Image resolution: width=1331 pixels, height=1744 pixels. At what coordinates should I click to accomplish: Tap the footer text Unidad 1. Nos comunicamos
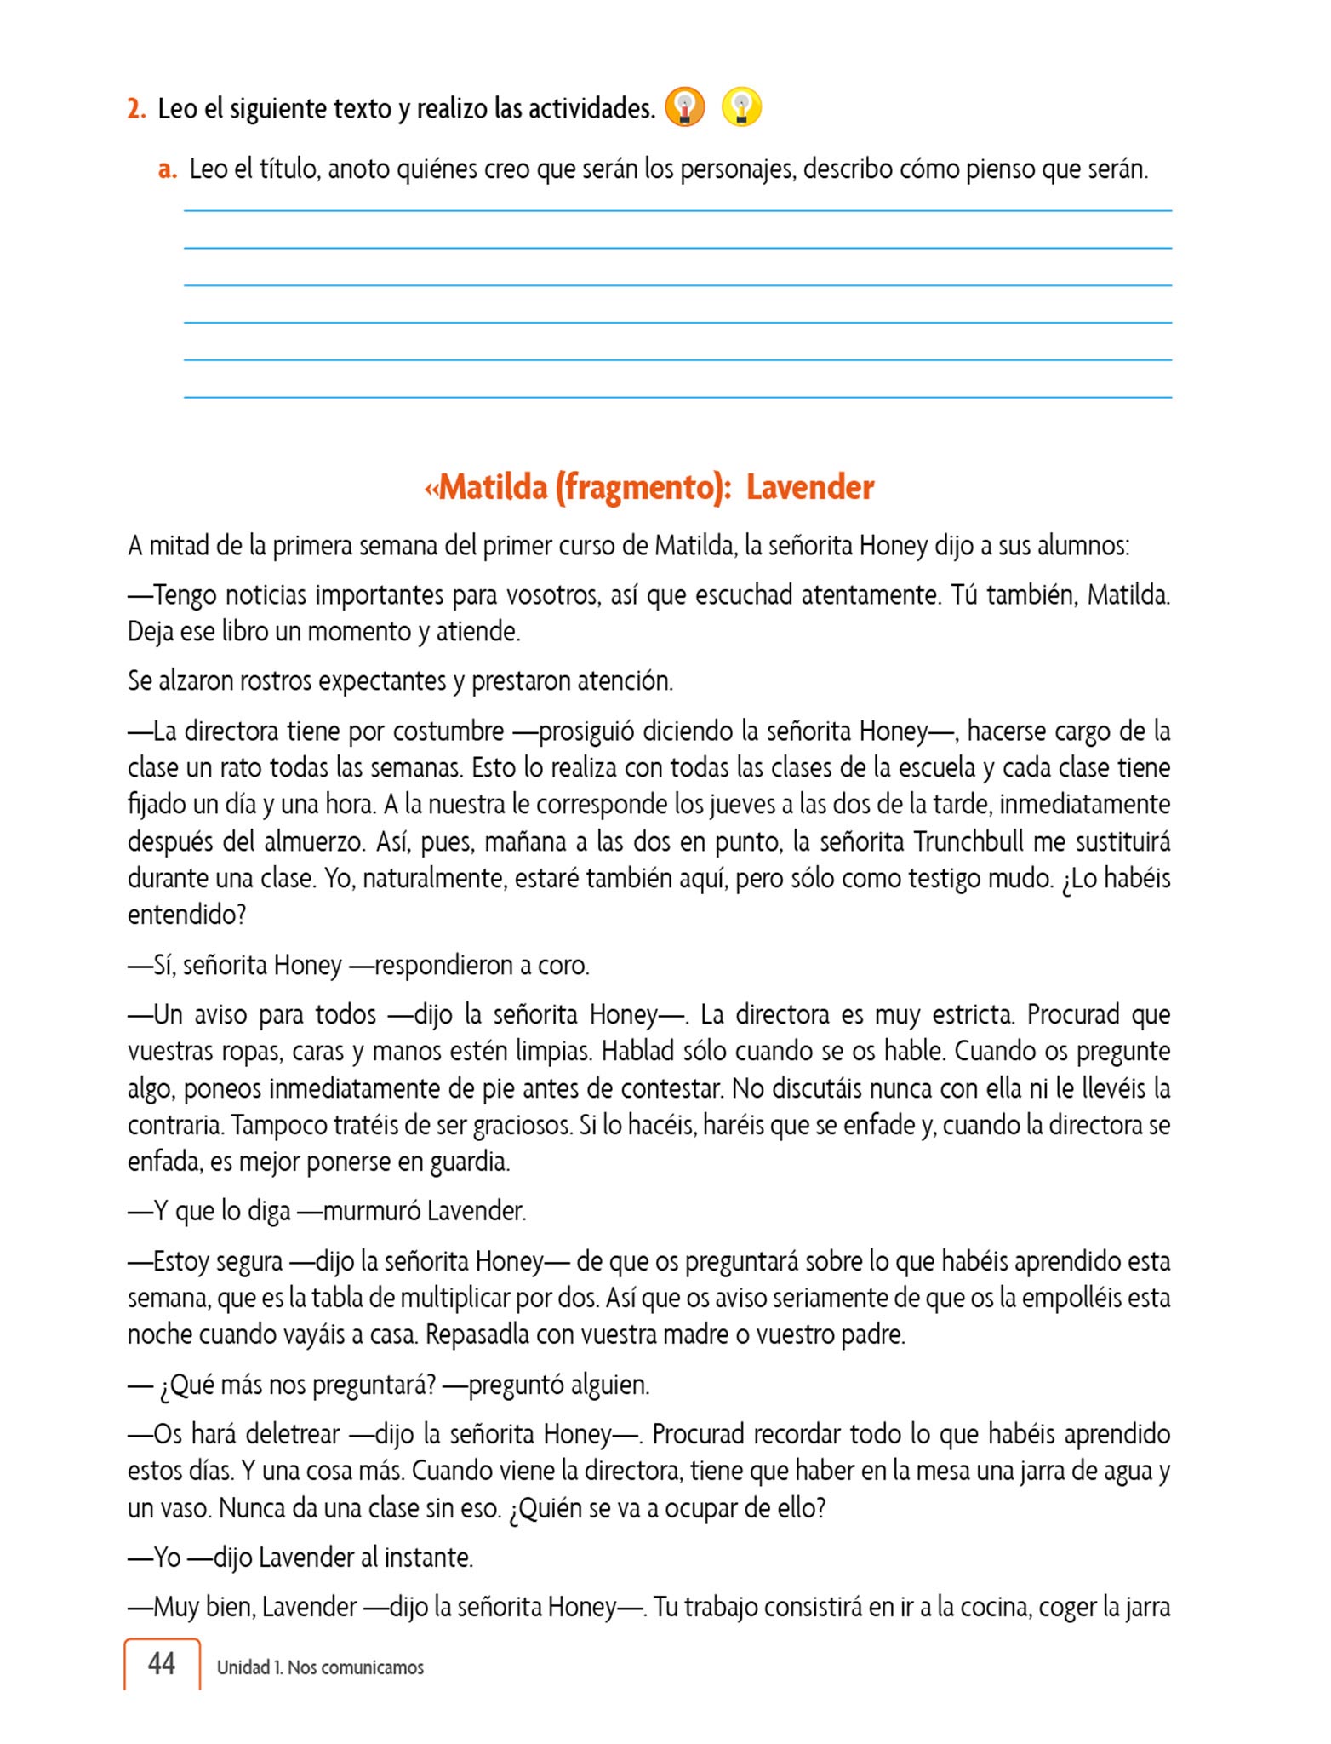pyautogui.click(x=320, y=1667)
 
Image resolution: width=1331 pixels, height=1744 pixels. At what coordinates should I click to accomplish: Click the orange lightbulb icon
pyautogui.click(x=685, y=108)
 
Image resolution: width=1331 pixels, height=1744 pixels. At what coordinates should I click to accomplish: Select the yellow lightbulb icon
pyautogui.click(x=741, y=108)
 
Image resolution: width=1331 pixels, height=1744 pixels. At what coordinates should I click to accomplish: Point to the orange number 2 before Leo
pyautogui.click(x=136, y=109)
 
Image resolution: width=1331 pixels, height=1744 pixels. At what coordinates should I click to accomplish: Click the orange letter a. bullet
pyautogui.click(x=168, y=169)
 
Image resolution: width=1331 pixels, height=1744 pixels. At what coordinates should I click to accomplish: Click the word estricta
pyautogui.click(x=973, y=1014)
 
